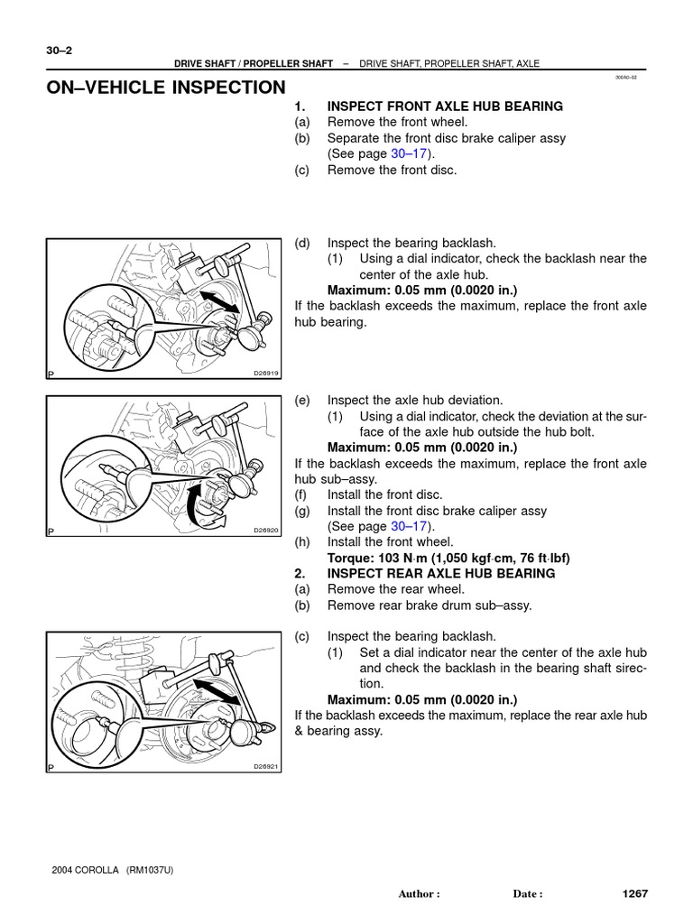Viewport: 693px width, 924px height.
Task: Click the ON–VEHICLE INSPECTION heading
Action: click(x=166, y=88)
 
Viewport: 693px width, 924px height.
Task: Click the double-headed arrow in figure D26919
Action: click(x=220, y=300)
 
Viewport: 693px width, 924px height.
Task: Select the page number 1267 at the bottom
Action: click(x=635, y=893)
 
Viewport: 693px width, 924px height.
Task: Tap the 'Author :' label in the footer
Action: click(x=419, y=894)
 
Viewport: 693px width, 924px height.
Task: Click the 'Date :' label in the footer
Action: click(x=528, y=894)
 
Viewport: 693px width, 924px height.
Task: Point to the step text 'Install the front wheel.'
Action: click(x=390, y=541)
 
